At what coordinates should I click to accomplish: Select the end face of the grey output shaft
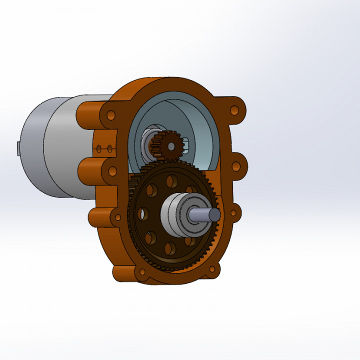point(214,214)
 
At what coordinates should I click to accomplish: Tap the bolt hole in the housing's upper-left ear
point(111,115)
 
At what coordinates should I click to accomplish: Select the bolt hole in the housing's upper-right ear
point(234,110)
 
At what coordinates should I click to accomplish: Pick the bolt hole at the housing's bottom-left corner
point(142,272)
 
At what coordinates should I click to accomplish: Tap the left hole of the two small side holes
point(100,148)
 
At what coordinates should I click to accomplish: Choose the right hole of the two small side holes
point(108,148)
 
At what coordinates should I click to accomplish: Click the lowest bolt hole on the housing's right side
point(233,213)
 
